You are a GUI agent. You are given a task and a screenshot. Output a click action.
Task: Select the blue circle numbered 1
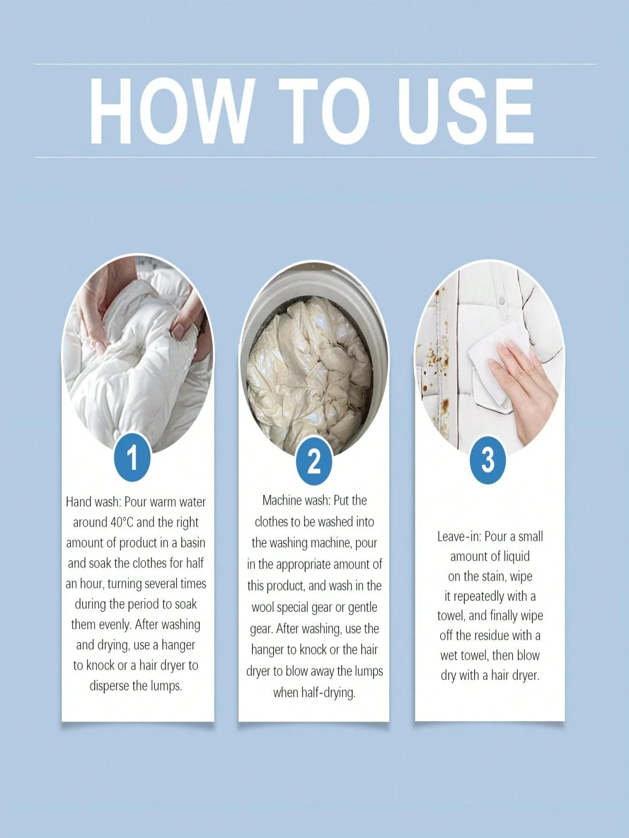point(132,457)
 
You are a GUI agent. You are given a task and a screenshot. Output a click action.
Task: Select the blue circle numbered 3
point(488,460)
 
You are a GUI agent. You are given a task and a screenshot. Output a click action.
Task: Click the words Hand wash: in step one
point(93,502)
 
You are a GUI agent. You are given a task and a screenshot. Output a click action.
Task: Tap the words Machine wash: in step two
point(296,500)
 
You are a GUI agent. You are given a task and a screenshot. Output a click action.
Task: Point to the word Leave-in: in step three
point(460,537)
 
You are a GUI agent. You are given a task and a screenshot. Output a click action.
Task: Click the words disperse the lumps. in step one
point(136,686)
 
